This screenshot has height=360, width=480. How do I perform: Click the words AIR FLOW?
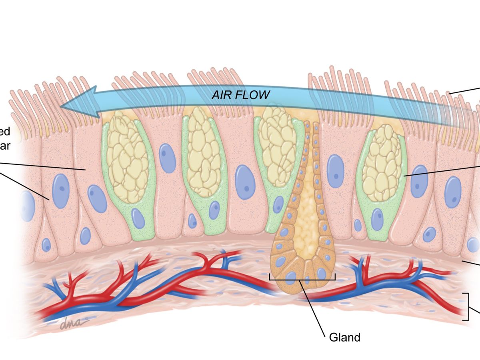tap(241, 95)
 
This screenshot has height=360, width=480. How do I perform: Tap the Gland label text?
tap(344, 337)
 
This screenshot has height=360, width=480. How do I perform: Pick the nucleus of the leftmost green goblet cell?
tap(138, 218)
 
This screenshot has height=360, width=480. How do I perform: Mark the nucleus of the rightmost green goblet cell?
tap(377, 219)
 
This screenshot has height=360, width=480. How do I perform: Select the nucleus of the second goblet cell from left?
tap(214, 210)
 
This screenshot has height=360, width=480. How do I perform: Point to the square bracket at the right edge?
tap(466, 306)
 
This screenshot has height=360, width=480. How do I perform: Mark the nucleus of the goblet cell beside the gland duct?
tap(279, 204)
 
